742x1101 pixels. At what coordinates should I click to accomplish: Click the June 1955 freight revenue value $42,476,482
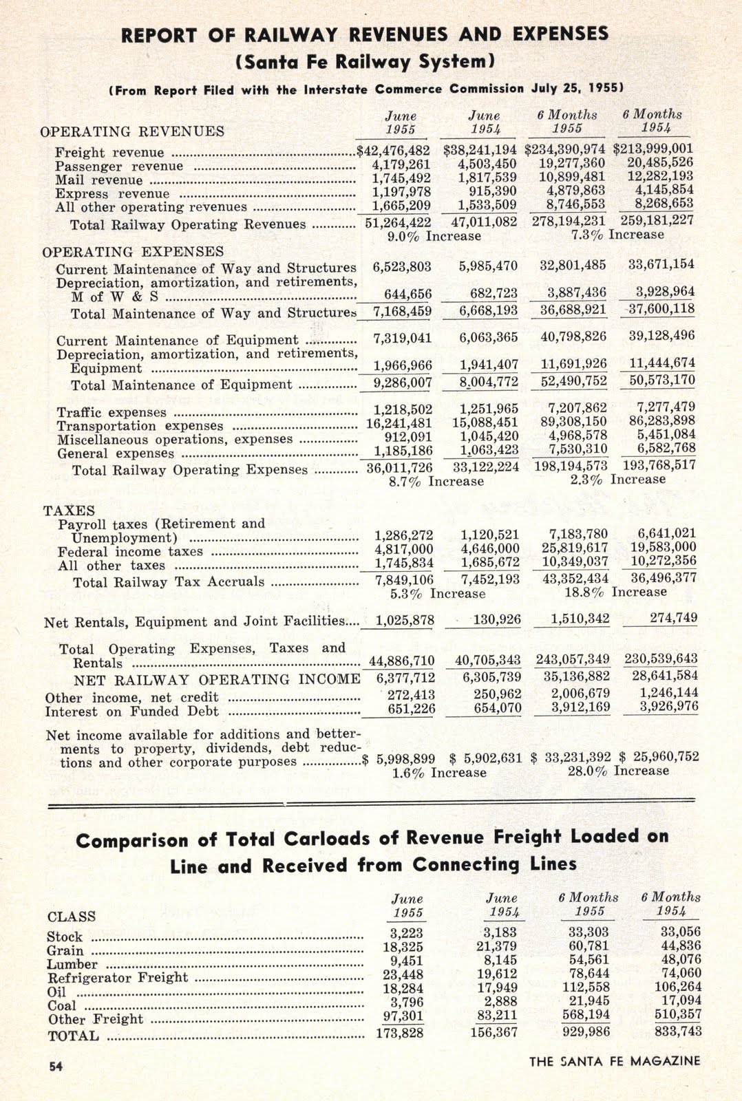pyautogui.click(x=393, y=150)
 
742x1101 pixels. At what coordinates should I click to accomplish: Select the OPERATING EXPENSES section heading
pyautogui.click(x=133, y=252)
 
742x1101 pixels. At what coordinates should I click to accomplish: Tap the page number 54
pyautogui.click(x=56, y=1066)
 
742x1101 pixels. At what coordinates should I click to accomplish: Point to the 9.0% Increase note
pyautogui.click(x=435, y=236)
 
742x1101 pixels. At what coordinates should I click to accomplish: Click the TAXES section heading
pyautogui.click(x=69, y=511)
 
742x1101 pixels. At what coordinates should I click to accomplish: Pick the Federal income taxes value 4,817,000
pyautogui.click(x=404, y=549)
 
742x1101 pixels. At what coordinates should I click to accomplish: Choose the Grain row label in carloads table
pyautogui.click(x=65, y=950)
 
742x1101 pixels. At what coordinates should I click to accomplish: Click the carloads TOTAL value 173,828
pyautogui.click(x=400, y=1032)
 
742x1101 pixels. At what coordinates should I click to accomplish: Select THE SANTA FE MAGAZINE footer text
pyautogui.click(x=615, y=1061)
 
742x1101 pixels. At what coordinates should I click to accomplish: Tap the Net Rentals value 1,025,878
pyautogui.click(x=405, y=620)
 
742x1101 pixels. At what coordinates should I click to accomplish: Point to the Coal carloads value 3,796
pyautogui.click(x=407, y=1002)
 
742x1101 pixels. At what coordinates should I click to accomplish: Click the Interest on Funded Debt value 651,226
pyautogui.click(x=411, y=709)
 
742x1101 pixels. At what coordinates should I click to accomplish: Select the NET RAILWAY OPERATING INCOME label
pyautogui.click(x=217, y=680)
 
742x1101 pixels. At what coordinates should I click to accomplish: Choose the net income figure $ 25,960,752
pyautogui.click(x=659, y=757)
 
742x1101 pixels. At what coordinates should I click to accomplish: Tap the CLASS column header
pyautogui.click(x=71, y=917)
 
